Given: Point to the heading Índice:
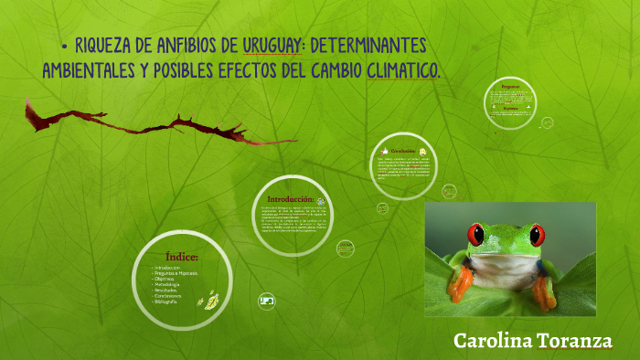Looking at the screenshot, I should pos(182,256).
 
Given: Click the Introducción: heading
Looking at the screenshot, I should pos(289,198).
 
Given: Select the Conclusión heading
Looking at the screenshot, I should pos(402,151).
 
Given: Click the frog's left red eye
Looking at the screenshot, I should pos(475,234).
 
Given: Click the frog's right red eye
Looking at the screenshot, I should pos(538,234).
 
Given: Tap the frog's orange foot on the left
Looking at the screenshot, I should pos(460,282).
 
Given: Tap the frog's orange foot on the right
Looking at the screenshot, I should pos(545,290).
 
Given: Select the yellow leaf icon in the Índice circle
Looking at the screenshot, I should pos(210,298).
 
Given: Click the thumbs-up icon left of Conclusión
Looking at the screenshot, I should pos(382,150).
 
